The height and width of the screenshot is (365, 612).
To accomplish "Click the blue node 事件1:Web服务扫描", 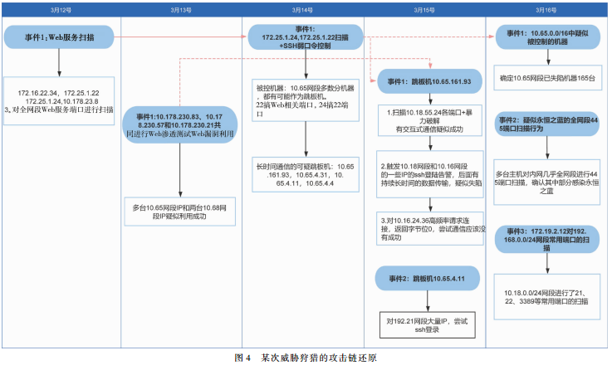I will click(59, 37).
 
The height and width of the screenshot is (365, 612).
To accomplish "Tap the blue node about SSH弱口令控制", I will click(303, 38).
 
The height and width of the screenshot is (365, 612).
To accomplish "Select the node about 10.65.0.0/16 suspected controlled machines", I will click(546, 37).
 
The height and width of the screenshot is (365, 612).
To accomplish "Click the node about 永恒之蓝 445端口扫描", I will click(546, 124).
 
